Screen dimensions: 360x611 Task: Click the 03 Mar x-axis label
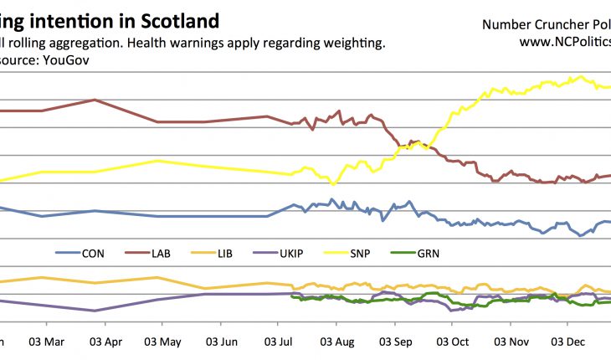[x=47, y=342]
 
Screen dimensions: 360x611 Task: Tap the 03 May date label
[x=162, y=342]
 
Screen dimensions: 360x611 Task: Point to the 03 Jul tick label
[x=278, y=342]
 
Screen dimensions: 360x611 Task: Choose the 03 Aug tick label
[x=336, y=342]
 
